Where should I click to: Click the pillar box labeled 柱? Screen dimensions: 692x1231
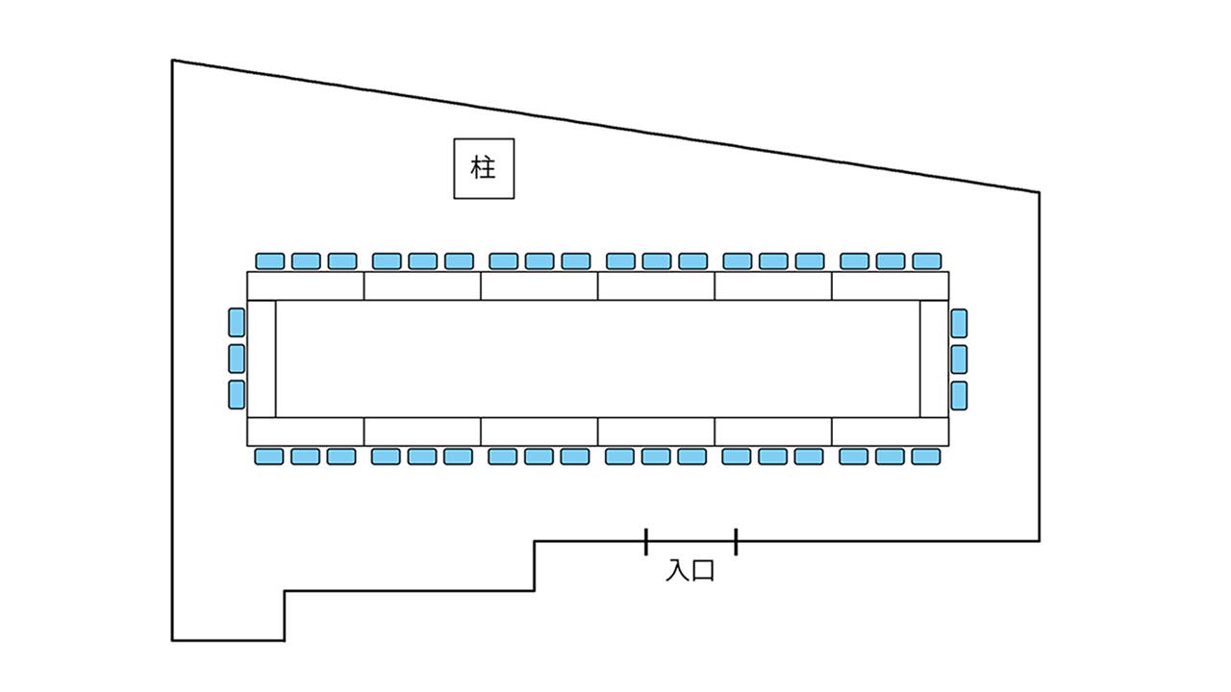(x=484, y=169)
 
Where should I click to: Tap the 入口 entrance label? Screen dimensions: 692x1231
(x=691, y=571)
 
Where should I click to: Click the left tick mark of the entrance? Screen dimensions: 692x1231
(x=646, y=541)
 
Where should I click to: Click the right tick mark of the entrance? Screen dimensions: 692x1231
(x=736, y=541)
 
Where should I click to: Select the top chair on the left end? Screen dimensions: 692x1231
(x=237, y=322)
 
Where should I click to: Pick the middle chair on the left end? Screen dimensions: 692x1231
(x=237, y=358)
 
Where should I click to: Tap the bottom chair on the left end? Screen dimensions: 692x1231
(x=237, y=394)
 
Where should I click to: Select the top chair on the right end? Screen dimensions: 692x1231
(x=959, y=323)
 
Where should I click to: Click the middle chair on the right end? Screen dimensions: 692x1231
(x=959, y=358)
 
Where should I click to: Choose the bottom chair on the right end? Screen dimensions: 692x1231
(x=959, y=395)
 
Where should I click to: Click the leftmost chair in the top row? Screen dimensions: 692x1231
(x=270, y=260)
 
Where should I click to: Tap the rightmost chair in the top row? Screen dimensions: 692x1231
(x=926, y=260)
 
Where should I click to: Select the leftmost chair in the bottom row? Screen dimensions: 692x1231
(x=268, y=457)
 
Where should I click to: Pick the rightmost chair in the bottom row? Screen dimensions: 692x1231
(x=925, y=457)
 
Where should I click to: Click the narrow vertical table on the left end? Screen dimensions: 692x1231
(x=262, y=358)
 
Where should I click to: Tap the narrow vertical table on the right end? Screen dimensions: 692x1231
(x=934, y=358)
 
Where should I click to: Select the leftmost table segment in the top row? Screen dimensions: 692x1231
(x=306, y=286)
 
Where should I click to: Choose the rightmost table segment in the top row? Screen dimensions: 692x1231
(x=890, y=286)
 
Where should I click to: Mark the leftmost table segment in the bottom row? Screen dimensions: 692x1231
(x=306, y=432)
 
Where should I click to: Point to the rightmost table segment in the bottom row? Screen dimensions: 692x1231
(x=890, y=432)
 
